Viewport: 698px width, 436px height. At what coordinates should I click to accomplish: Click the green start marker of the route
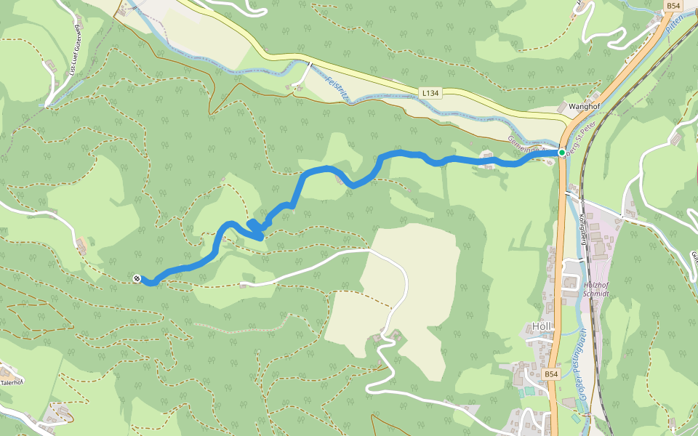(561, 152)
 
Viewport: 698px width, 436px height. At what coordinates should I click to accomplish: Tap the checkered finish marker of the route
(137, 278)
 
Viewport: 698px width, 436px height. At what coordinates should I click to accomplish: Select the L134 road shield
(430, 93)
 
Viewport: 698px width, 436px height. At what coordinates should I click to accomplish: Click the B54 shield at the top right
(673, 6)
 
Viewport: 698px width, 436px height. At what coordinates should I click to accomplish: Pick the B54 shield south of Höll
(552, 374)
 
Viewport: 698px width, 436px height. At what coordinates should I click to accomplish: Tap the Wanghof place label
(587, 106)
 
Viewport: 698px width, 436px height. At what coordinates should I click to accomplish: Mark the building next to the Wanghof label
(564, 108)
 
